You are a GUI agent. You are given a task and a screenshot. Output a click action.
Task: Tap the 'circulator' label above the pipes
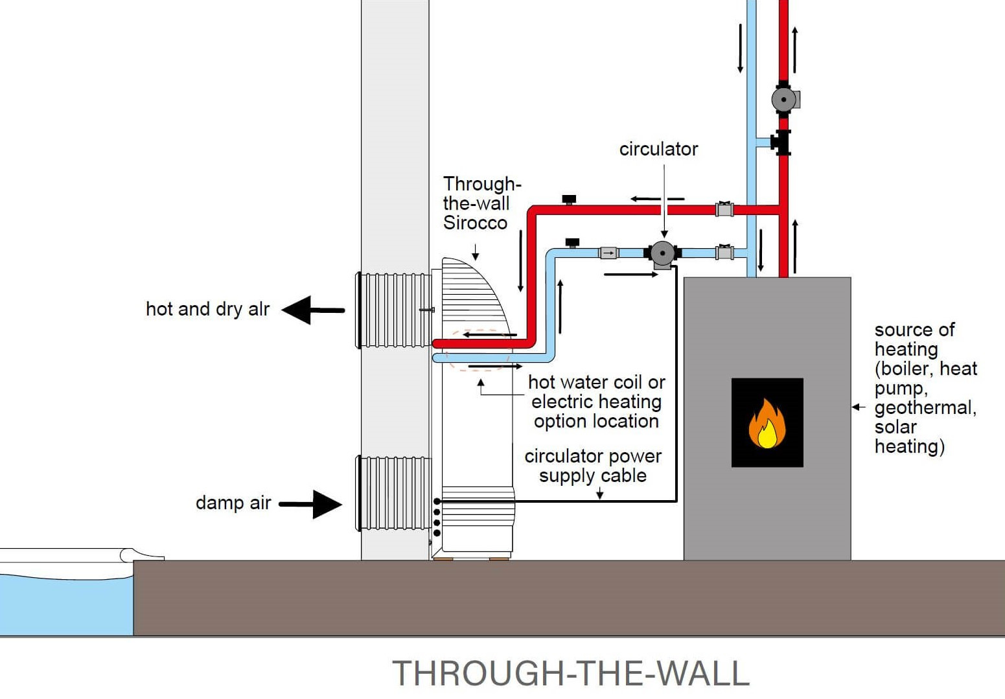point(658,149)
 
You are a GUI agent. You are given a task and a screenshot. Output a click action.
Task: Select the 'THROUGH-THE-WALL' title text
point(571,673)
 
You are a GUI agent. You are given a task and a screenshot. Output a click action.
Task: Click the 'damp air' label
point(233,503)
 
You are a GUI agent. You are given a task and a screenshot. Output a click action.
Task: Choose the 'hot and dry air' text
point(207,309)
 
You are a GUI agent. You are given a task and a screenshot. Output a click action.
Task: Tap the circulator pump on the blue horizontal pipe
point(662,253)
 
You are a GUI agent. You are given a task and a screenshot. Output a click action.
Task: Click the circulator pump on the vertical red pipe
point(784,100)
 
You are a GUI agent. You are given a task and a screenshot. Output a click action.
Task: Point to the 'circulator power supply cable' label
point(593,466)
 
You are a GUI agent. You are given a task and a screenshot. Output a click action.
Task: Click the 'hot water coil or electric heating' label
point(596,402)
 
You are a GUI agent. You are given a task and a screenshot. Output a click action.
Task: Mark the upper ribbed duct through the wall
point(394,310)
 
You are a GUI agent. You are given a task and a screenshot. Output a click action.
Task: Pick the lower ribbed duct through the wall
point(394,493)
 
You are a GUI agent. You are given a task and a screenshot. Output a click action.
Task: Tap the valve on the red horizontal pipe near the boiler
point(724,209)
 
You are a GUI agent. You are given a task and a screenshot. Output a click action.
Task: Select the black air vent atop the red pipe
point(569,199)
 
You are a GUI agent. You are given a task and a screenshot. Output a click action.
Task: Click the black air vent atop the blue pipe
point(572,243)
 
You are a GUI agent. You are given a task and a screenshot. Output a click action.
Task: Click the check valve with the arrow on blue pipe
point(608,253)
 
